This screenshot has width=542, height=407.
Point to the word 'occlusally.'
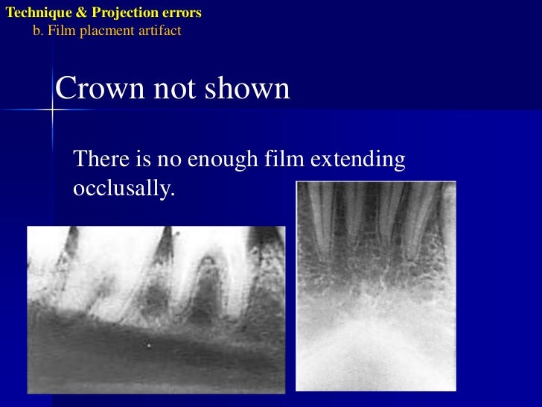coord(124,189)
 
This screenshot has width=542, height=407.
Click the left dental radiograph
coord(156,309)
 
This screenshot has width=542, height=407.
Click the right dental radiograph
coord(375,285)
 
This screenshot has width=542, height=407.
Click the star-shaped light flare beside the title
coord(53,110)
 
